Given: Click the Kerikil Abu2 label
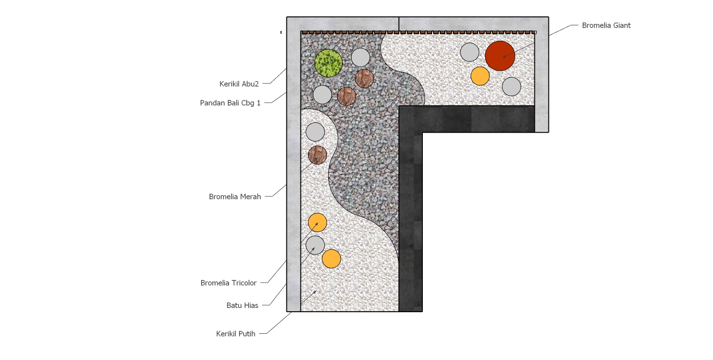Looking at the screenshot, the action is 239,84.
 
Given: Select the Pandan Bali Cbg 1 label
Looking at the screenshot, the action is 230,103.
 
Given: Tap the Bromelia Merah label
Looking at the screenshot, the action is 235,197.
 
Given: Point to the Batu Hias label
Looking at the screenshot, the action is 242,306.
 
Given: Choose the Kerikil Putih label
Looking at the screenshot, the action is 235,334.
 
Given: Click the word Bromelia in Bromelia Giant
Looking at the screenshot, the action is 595,25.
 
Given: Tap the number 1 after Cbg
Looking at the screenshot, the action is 259,103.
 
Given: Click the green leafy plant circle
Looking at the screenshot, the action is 328,63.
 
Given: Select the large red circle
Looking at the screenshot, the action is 500,56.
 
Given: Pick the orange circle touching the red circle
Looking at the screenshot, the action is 480,76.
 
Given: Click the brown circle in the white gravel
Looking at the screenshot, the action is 317,155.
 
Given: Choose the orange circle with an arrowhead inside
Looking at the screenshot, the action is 317,223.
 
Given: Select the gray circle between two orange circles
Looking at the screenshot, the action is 315,245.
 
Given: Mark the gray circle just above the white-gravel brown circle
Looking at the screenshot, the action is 315,132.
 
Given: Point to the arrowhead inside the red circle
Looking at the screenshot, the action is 504,57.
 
